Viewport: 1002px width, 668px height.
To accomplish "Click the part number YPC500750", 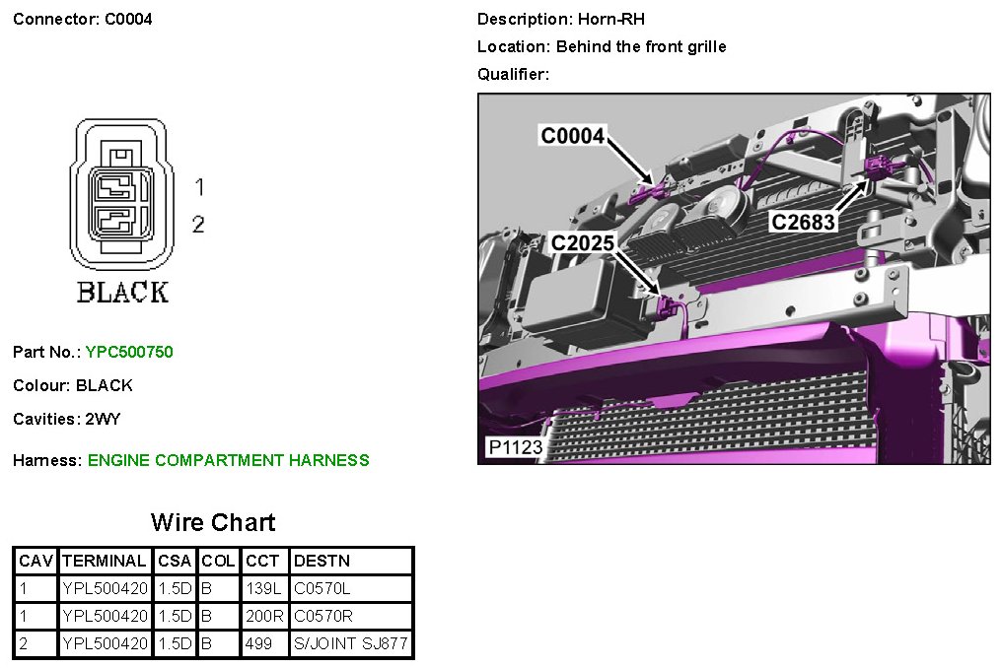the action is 129,352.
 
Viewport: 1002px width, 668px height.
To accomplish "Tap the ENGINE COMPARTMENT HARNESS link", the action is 228,460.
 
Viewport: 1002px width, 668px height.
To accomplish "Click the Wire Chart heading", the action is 213,522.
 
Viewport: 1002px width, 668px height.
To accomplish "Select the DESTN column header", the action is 322,561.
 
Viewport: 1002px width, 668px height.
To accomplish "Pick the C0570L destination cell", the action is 322,588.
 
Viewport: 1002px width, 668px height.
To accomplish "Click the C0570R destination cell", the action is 322,616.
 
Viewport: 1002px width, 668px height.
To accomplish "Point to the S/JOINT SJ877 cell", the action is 350,643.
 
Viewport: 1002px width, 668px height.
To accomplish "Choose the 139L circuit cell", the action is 263,588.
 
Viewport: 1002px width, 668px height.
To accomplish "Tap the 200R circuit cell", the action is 264,616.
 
